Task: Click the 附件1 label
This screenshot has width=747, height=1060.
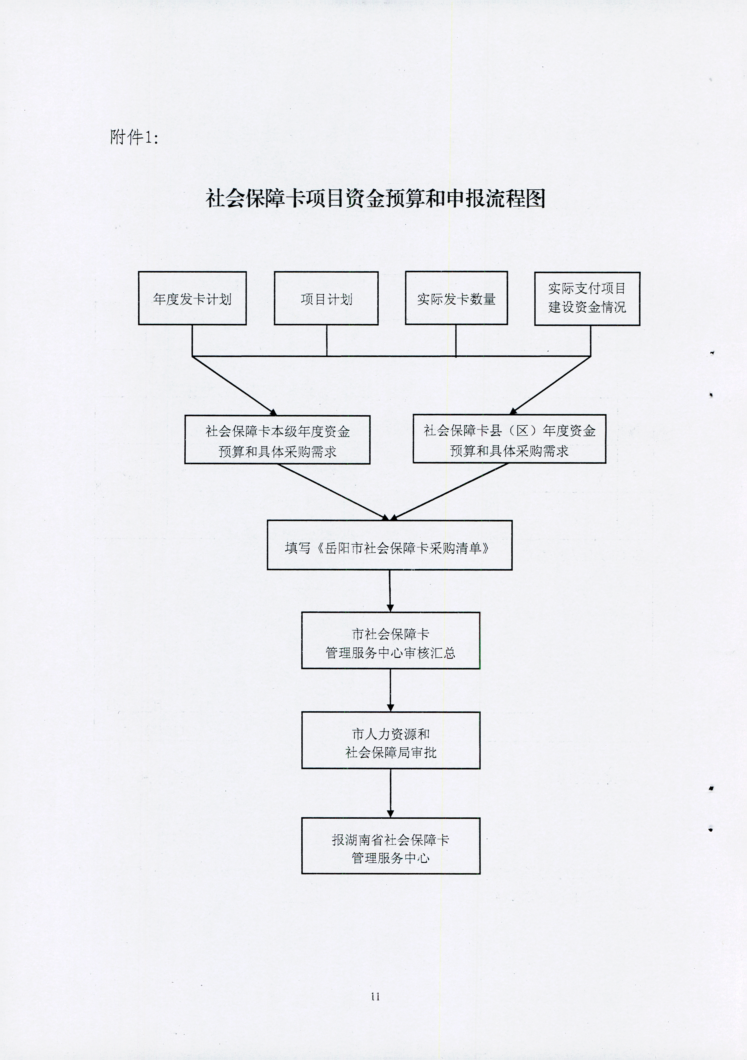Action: pyautogui.click(x=134, y=137)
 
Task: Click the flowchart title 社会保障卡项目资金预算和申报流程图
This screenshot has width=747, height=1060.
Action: pyautogui.click(x=375, y=199)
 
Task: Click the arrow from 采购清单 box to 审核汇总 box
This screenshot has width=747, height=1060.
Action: pyautogui.click(x=390, y=591)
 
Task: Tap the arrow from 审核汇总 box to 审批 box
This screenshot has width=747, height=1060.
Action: pyautogui.click(x=391, y=690)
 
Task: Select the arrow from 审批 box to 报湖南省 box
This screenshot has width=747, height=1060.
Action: pyautogui.click(x=391, y=793)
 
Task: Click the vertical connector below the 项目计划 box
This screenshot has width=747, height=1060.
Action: pyautogui.click(x=327, y=340)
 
